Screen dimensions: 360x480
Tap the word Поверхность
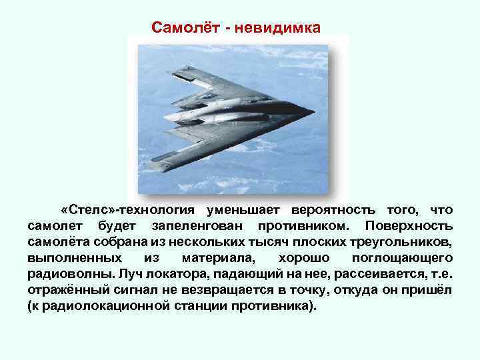pos(410,225)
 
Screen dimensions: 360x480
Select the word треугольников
pos(407,241)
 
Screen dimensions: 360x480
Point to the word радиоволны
pos(69,273)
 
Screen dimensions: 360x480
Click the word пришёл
pos(430,289)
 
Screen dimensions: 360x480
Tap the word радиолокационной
pos(96,305)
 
